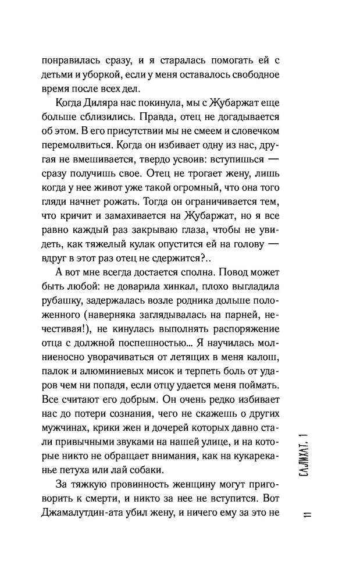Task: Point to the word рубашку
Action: (63, 317)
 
